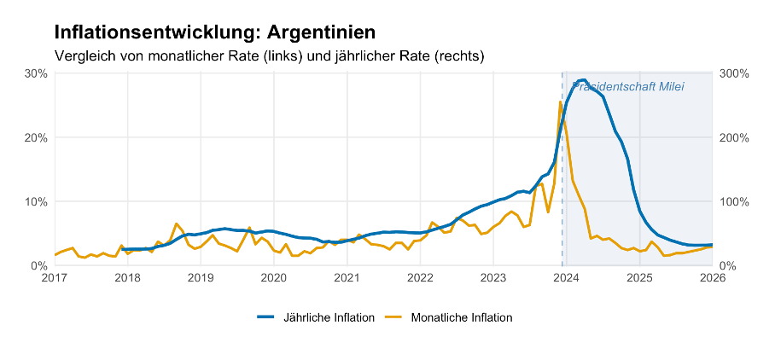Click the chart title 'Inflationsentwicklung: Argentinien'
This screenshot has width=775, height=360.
pos(214,32)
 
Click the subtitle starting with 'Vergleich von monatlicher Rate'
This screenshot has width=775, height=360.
pos(269,56)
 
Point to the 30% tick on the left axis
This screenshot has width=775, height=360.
pos(36,73)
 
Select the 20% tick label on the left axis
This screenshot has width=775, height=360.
pos(36,137)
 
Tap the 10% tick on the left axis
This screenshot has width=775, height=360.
pos(36,201)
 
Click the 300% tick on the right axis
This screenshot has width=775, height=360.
pos(734,73)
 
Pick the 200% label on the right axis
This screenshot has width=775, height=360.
pos(734,137)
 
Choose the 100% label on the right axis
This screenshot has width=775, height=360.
pos(734,201)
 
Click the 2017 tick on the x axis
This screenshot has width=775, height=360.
pos(55,277)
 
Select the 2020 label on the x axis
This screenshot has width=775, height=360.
pos(273,277)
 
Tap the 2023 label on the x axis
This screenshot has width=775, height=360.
pos(492,277)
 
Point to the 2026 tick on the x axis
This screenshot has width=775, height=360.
pos(712,277)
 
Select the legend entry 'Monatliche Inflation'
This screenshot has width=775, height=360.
pos(461,317)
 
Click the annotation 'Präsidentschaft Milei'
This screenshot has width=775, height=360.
pos(629,87)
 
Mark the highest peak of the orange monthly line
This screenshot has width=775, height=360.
pos(560,102)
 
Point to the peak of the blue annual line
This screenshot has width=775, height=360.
pos(583,80)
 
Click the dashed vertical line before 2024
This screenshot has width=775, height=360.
pos(562,171)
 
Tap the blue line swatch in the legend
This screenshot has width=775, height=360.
pos(266,317)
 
